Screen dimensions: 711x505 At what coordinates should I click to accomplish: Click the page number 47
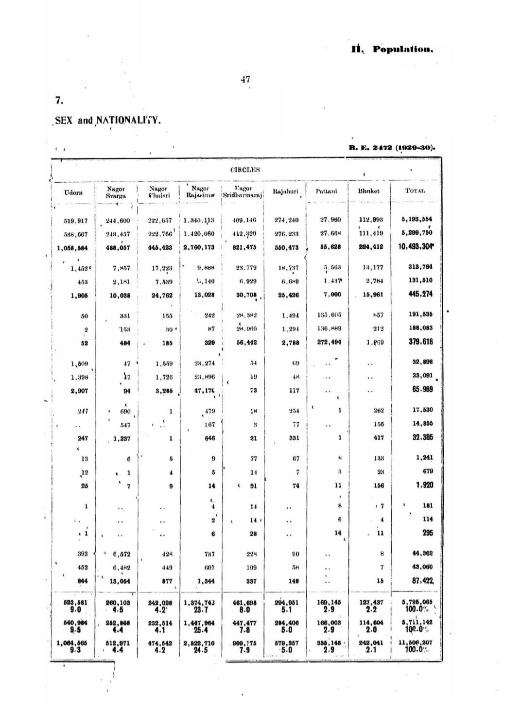(245, 79)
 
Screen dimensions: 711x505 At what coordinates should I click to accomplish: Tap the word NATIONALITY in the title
(128, 120)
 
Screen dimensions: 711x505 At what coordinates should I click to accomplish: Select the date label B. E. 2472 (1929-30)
(392, 147)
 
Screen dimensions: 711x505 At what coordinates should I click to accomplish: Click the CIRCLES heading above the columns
(245, 170)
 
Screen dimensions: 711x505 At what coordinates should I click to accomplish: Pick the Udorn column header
(73, 192)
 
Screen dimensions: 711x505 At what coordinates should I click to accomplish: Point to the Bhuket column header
(368, 191)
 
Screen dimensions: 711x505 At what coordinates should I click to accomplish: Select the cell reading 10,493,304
(416, 247)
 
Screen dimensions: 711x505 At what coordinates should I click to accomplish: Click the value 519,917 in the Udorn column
(76, 220)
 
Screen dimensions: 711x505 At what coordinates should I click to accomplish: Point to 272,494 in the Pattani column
(329, 342)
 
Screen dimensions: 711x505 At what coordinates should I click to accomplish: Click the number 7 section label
(58, 101)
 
